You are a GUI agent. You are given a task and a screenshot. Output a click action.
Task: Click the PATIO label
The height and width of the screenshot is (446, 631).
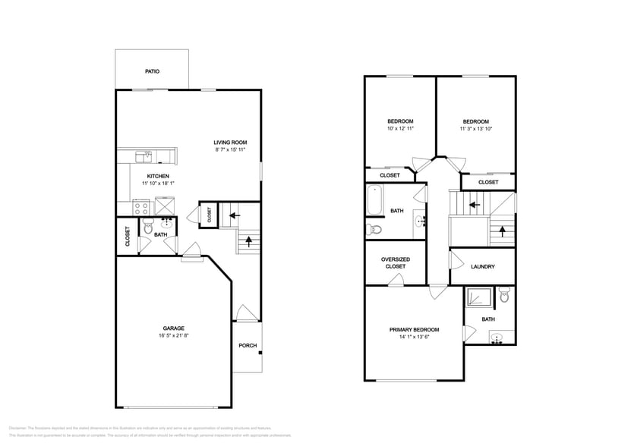pos(152,72)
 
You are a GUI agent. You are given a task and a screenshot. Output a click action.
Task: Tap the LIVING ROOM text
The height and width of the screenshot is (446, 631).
pos(230,142)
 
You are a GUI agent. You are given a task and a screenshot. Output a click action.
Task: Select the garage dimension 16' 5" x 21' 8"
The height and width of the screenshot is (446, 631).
pos(174,335)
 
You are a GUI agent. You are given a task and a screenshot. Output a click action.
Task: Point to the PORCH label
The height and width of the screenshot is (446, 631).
pos(248,346)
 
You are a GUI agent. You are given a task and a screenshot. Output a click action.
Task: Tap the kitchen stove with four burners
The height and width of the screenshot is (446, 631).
pos(141,206)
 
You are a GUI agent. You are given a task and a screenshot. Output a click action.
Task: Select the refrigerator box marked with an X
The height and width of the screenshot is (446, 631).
pos(165,206)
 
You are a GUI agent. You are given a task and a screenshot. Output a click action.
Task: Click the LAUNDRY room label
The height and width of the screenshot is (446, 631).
pos(483,266)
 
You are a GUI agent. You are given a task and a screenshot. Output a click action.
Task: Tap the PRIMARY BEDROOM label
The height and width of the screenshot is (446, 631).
pos(415,329)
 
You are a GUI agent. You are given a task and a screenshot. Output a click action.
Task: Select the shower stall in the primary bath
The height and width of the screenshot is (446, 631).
pos(477,296)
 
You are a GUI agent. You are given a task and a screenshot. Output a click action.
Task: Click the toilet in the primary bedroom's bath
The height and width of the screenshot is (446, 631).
pos(505,296)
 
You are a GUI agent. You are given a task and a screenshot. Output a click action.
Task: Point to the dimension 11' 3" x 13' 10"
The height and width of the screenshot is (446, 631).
pos(476,129)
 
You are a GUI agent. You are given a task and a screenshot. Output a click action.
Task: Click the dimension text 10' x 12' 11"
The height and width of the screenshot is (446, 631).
pos(400,129)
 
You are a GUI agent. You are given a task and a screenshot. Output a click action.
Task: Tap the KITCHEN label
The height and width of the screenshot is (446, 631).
pos(147,176)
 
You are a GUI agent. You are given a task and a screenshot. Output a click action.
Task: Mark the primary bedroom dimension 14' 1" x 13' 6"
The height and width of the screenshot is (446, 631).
pos(415,338)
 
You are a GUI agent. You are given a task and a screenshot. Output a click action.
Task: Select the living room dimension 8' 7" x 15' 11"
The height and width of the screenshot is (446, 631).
pos(230,150)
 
